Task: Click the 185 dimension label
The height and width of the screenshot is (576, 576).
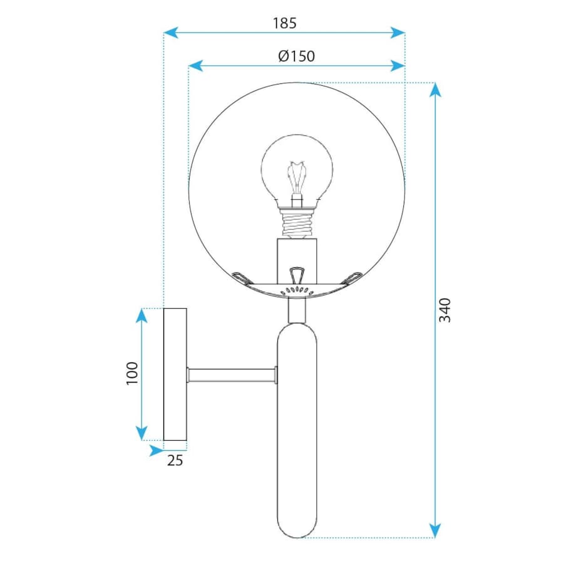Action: coord(284,23)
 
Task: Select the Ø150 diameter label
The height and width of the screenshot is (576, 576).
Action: coord(296,56)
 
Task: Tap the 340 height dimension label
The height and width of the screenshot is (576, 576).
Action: coord(445,311)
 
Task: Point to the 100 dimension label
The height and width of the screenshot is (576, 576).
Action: coord(132,374)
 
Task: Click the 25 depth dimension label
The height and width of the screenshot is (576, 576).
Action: coord(175,460)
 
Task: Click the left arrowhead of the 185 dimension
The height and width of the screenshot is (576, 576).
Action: coord(171,33)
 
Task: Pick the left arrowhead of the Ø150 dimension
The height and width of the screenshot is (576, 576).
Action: coord(195,66)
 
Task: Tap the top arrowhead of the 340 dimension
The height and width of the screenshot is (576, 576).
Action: coord(435,90)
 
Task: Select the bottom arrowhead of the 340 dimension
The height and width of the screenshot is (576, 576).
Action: coord(435,531)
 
